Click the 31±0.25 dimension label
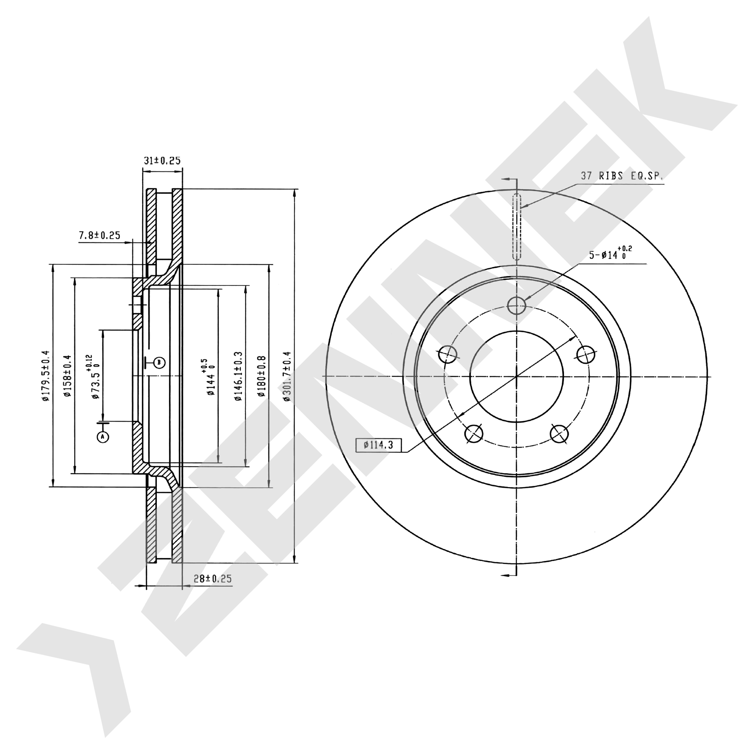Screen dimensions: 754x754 [x=162, y=161]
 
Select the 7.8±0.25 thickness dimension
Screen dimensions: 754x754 [x=100, y=235]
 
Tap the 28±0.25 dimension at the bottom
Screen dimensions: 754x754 [x=213, y=578]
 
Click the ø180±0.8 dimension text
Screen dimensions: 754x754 [x=261, y=376]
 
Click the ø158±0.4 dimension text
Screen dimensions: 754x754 [x=68, y=376]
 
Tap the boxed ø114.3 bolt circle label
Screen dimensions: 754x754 [x=378, y=445]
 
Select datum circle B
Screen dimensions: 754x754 [x=159, y=363]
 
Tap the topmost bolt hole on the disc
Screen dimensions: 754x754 [x=516, y=305]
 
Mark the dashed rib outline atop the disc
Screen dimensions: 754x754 [x=516, y=227]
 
